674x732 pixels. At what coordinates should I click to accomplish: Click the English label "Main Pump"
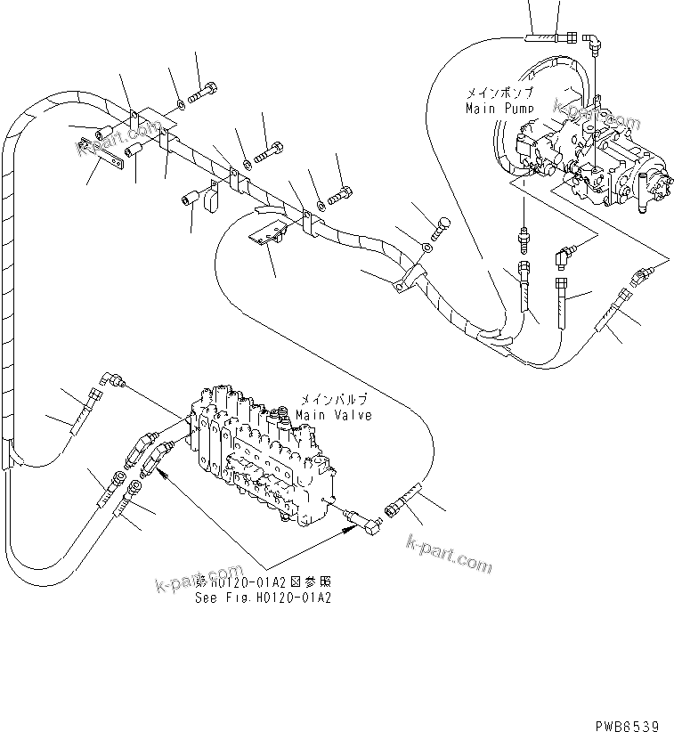(x=499, y=108)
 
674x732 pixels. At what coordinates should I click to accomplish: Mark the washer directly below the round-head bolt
(x=428, y=248)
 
